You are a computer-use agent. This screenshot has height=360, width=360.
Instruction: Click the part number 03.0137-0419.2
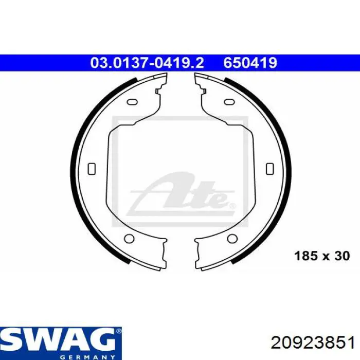[147, 63]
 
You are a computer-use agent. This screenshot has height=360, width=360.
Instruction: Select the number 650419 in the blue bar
[250, 63]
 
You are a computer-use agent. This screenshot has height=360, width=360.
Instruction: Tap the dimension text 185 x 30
[322, 256]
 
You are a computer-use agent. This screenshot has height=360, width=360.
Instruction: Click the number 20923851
[313, 344]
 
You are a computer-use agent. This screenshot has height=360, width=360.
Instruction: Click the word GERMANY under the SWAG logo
[87, 357]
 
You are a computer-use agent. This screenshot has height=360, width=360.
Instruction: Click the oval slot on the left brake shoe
[132, 101]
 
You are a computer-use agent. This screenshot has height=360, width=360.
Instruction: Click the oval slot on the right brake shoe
[229, 101]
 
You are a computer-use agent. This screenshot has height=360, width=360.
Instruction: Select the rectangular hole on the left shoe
[92, 169]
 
